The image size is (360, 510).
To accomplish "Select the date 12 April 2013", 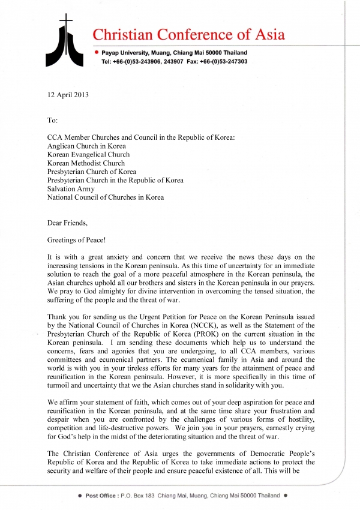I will [71, 95].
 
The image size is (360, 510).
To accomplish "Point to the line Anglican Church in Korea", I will [86, 146].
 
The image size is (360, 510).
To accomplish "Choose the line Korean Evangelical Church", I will [88, 154].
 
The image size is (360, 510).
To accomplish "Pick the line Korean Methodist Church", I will [86, 163].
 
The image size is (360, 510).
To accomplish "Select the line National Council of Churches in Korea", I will [105, 197].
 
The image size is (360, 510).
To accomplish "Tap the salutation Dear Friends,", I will [67, 223].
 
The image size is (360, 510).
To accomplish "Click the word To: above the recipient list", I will [53, 120].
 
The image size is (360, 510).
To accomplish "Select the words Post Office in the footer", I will [101, 496].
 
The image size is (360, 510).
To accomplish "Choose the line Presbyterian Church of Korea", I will [92, 172].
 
